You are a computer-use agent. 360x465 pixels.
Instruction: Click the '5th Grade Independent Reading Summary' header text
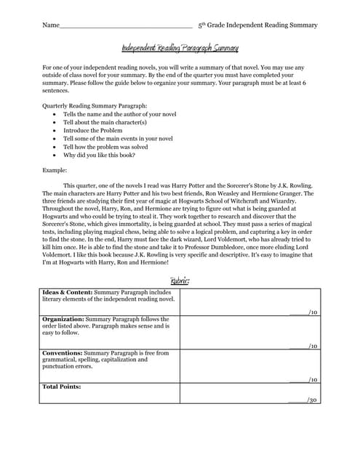coord(257,25)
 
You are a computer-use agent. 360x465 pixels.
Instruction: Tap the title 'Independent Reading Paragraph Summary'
coord(180,48)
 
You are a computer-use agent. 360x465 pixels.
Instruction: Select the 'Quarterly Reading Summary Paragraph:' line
coord(95,106)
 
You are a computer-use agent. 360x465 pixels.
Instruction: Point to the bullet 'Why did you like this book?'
coord(99,154)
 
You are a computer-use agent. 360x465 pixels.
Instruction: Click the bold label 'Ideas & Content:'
coord(68,292)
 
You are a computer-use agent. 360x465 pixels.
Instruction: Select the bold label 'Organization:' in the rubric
coord(63,319)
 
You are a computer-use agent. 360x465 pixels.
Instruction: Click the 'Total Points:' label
coord(62,387)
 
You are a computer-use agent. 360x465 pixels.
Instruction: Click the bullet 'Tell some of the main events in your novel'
coord(118,138)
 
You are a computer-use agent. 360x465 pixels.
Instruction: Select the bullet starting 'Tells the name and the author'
coord(119,114)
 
